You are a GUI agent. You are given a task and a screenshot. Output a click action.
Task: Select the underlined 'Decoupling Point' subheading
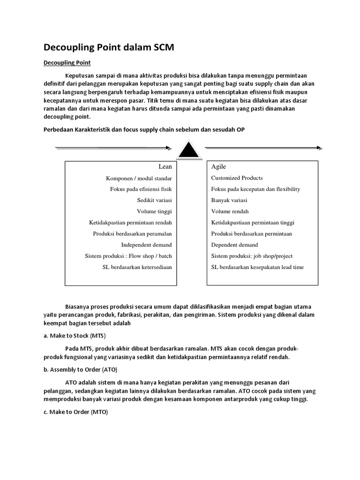[67, 62]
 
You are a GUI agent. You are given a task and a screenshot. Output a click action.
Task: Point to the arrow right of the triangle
[263, 148]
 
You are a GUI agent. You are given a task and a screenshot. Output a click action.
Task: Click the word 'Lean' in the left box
[165, 166]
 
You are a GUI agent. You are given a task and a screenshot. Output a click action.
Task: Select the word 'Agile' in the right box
[218, 166]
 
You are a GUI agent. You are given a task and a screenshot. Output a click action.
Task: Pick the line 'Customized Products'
[237, 178]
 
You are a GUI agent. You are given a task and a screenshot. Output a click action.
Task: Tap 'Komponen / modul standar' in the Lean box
[139, 178]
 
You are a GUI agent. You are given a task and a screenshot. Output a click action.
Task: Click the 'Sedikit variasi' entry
[154, 200]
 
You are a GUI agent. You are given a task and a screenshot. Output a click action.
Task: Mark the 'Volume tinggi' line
[155, 211]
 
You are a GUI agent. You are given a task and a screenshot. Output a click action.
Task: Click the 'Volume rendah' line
[230, 211]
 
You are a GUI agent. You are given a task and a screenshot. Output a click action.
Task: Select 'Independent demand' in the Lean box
[146, 245]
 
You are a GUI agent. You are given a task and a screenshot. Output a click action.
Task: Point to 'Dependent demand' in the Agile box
[234, 245]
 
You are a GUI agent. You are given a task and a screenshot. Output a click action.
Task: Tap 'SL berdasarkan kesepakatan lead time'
[257, 267]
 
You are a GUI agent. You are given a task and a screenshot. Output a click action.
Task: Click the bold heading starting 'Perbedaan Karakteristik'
[144, 129]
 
